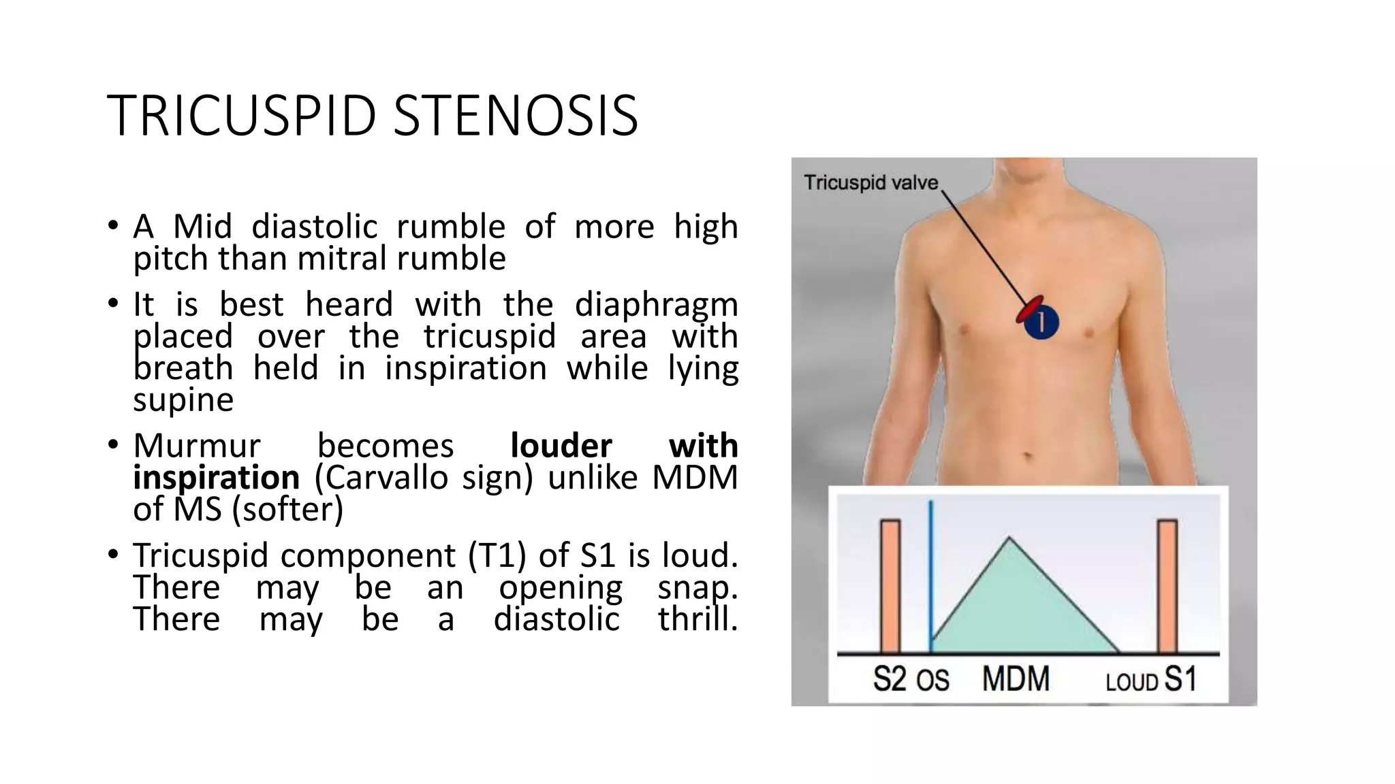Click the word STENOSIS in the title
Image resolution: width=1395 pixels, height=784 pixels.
[516, 116]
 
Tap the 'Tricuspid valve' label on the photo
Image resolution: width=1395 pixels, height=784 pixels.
[871, 183]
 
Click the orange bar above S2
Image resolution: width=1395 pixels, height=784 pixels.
[890, 586]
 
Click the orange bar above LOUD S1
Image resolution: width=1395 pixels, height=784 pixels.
[1167, 586]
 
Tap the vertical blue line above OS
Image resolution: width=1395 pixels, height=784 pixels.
[930, 578]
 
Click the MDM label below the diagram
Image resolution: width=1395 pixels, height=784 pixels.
[1016, 679]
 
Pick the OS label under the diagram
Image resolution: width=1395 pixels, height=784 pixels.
[932, 681]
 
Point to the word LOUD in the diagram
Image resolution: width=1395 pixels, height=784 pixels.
[1131, 682]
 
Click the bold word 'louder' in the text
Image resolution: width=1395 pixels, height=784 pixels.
[561, 446]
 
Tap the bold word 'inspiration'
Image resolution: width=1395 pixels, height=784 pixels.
[216, 477]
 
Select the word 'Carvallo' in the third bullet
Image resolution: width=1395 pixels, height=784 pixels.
[381, 478]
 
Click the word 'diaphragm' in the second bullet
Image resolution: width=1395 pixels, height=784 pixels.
[656, 305]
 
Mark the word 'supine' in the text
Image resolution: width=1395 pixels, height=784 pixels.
[183, 400]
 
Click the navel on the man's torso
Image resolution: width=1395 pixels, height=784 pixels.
[1028, 455]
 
